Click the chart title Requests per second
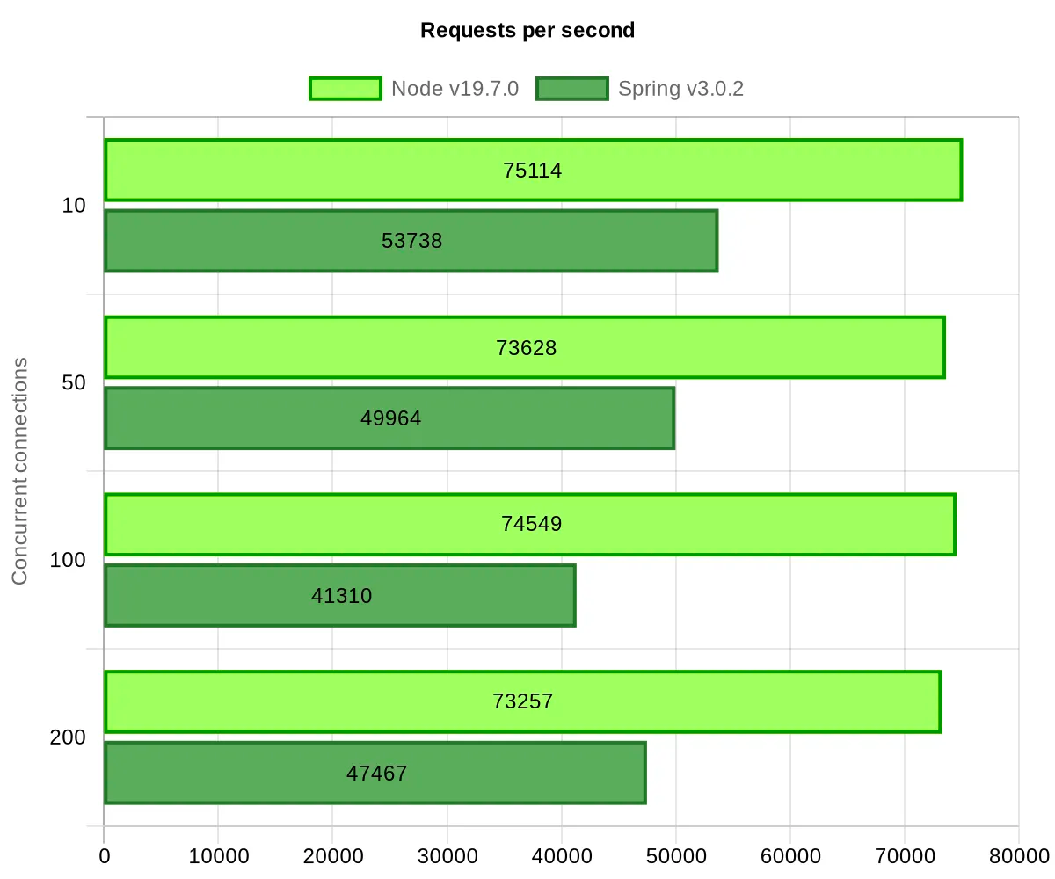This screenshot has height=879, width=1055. (x=527, y=30)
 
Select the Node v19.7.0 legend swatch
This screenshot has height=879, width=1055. (x=345, y=89)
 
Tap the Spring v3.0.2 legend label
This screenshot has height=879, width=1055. (x=681, y=89)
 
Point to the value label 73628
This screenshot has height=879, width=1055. (x=527, y=347)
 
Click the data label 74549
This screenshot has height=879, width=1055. (x=532, y=524)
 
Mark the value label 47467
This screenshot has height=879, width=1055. (x=377, y=774)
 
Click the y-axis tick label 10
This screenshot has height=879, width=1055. (x=74, y=206)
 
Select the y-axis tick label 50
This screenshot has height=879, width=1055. (x=74, y=383)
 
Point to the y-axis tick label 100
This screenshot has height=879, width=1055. (x=69, y=560)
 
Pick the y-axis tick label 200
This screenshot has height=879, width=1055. (x=69, y=737)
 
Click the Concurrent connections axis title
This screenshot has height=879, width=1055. (x=20, y=471)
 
